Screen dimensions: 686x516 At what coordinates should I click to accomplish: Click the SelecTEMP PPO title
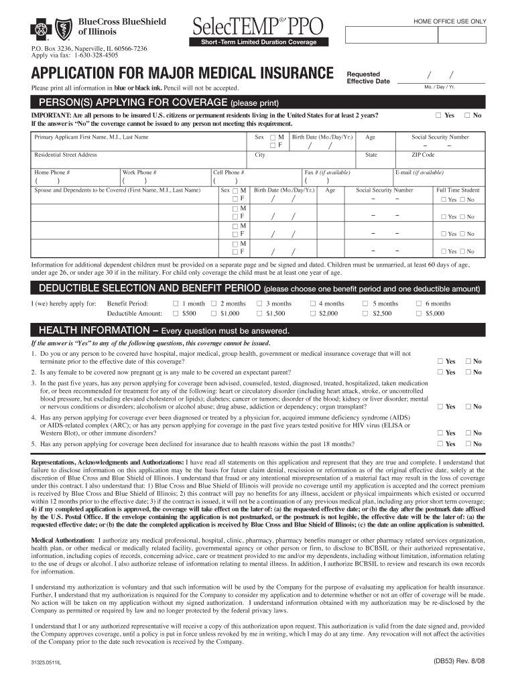258,27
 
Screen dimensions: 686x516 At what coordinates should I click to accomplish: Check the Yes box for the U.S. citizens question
439,115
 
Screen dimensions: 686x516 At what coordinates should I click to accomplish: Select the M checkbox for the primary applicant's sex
273,137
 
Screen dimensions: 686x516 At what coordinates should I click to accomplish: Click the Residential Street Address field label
66,155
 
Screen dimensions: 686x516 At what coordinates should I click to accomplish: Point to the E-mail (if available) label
420,172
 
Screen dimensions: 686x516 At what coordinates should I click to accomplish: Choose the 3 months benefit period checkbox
259,303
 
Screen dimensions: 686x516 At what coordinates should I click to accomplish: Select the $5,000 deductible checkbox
419,313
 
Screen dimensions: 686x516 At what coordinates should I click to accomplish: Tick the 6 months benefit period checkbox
419,303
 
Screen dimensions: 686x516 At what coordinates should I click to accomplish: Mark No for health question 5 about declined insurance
468,443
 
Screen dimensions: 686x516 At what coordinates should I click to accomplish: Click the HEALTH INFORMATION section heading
164,331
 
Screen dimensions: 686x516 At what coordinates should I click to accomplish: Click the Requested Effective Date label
367,78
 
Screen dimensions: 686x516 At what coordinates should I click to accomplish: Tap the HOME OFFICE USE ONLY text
450,21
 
